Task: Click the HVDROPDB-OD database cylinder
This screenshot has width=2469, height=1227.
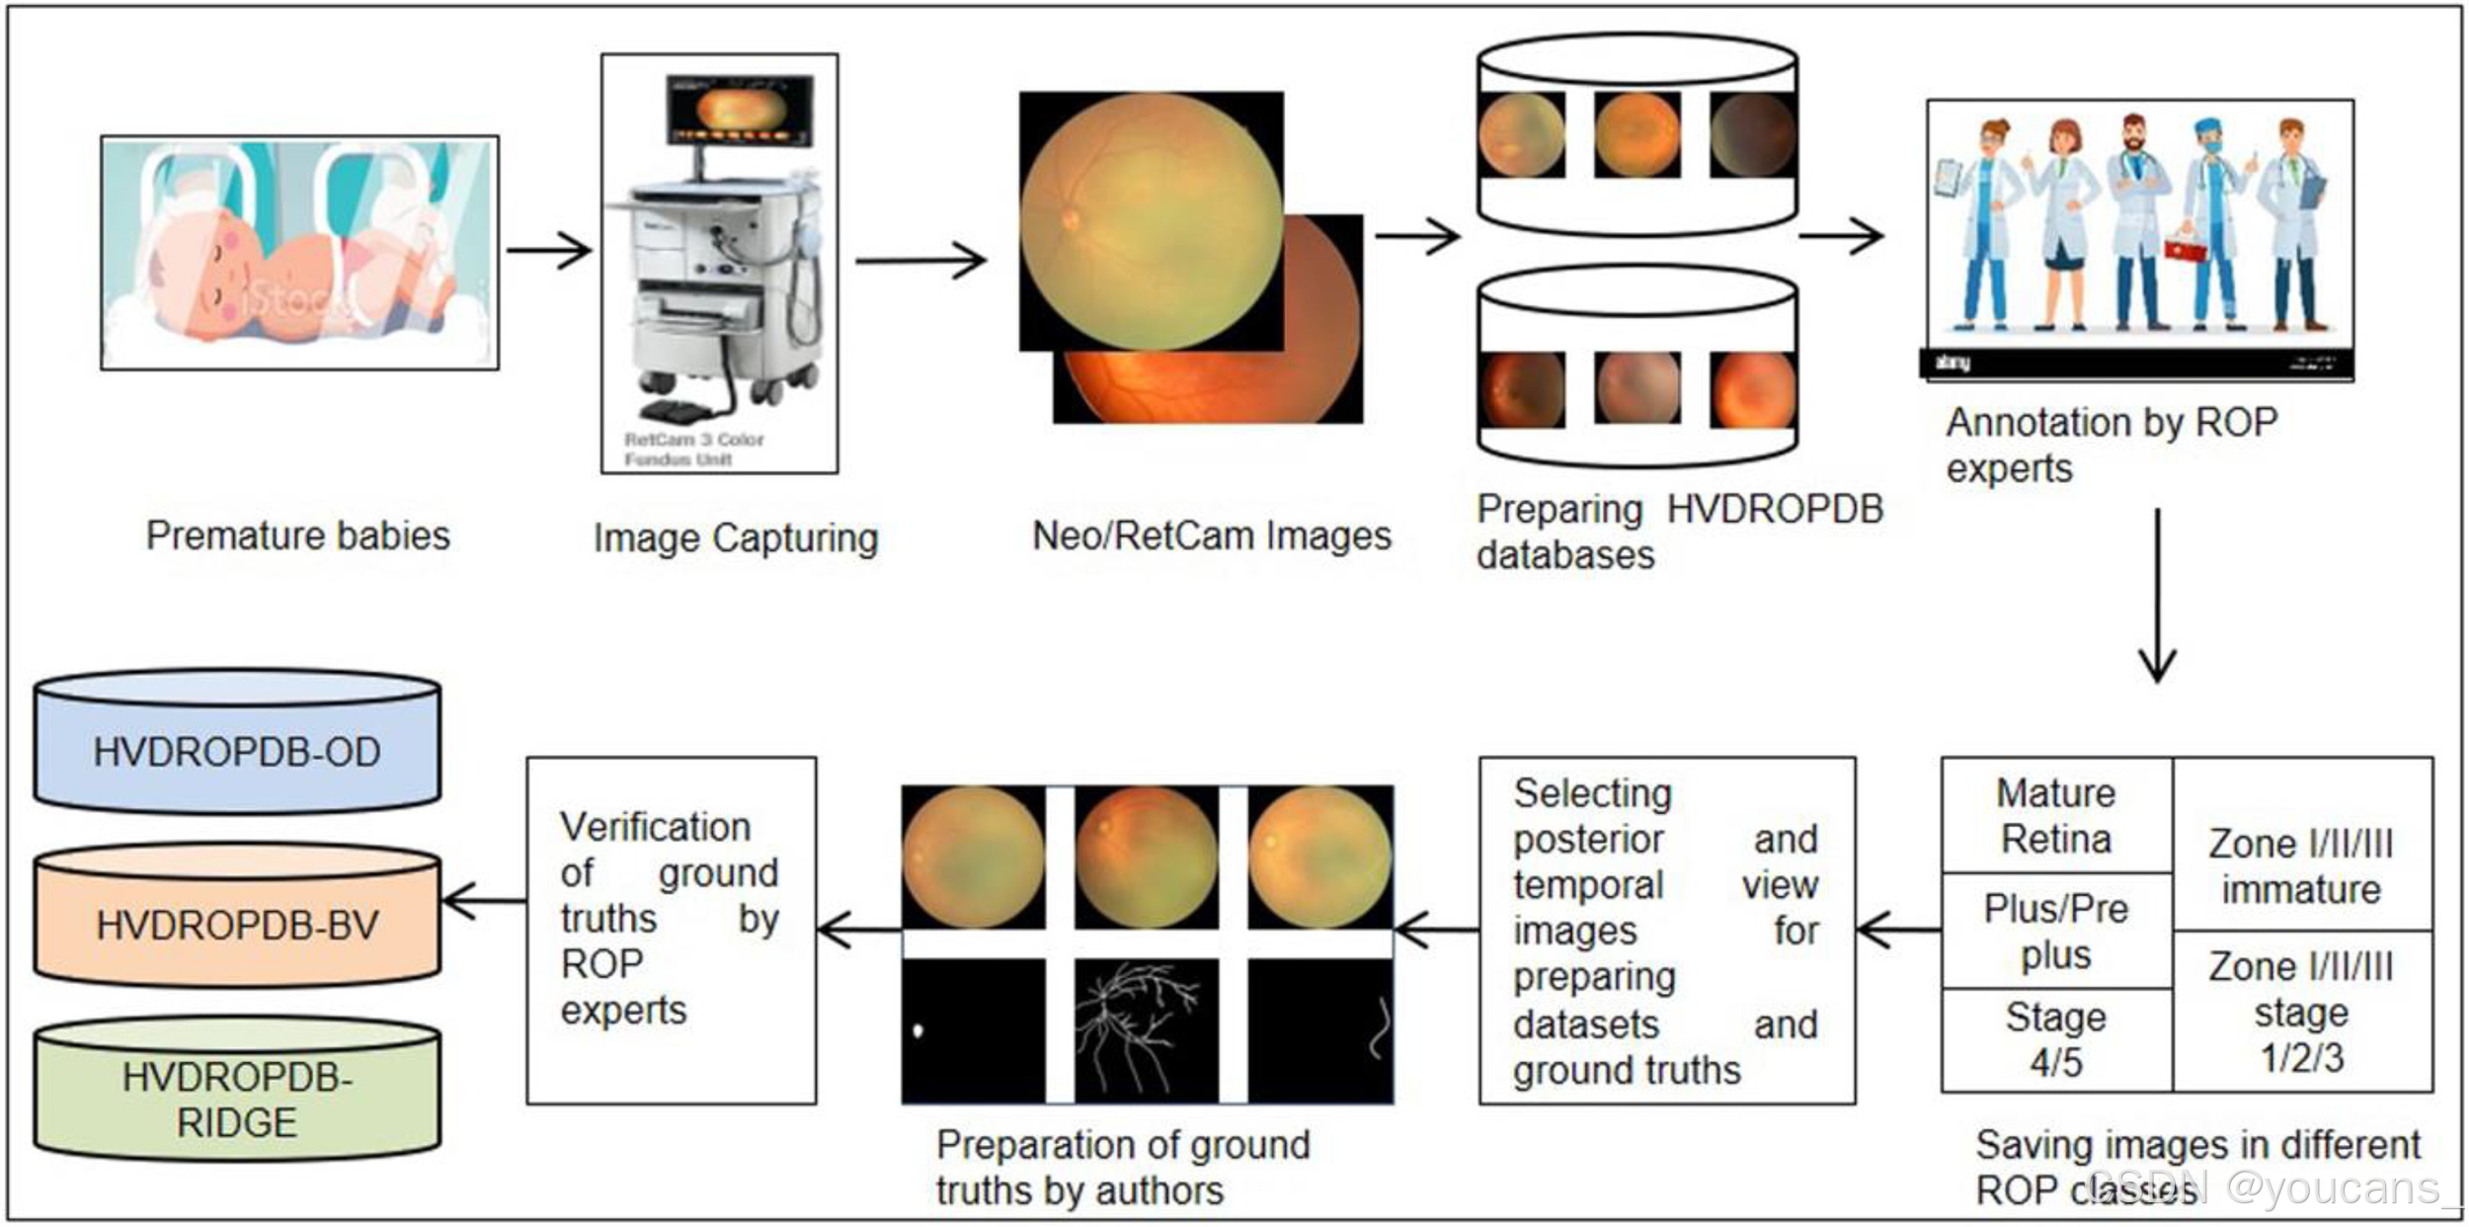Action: pos(237,751)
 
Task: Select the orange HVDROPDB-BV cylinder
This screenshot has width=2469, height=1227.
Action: pos(237,924)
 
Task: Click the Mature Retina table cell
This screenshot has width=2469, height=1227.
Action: pos(2056,815)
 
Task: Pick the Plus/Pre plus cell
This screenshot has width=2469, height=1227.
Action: pos(2056,931)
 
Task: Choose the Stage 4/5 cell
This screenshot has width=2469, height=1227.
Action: pos(2056,1039)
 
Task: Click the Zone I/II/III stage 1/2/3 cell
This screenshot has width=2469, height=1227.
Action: pos(2301,1011)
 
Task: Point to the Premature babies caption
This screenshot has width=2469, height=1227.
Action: pos(297,535)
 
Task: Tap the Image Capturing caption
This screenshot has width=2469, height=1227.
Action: pos(736,538)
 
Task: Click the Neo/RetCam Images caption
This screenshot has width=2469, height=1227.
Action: pos(1212,535)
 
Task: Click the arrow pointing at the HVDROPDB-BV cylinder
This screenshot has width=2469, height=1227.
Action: pos(484,900)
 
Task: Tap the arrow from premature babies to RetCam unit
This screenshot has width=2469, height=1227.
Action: pos(549,250)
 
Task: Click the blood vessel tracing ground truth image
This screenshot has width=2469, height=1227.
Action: pos(1146,1030)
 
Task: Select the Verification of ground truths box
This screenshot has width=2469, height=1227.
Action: pos(671,930)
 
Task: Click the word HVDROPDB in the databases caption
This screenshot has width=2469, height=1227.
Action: pos(1775,509)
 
